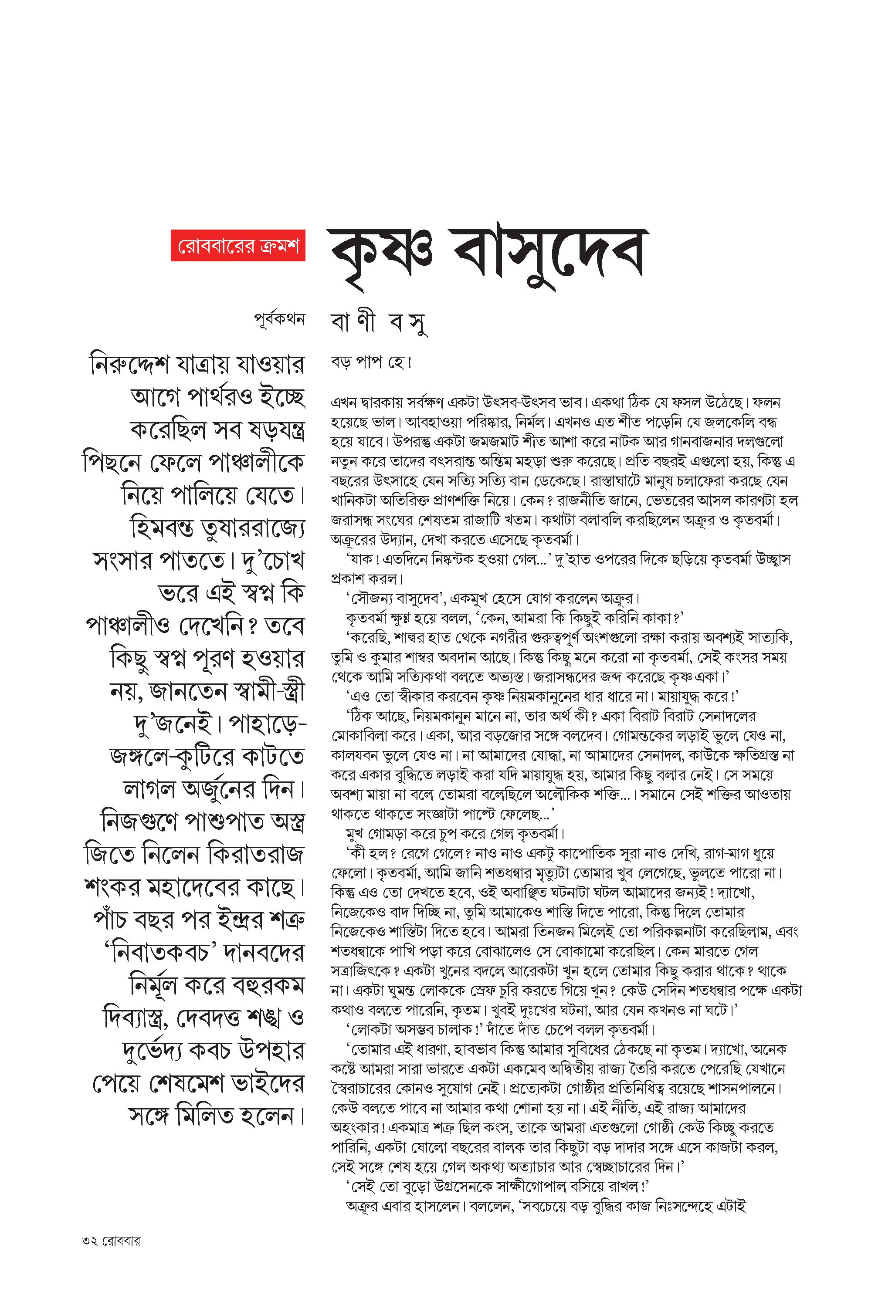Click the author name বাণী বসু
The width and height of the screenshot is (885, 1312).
[378, 324]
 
